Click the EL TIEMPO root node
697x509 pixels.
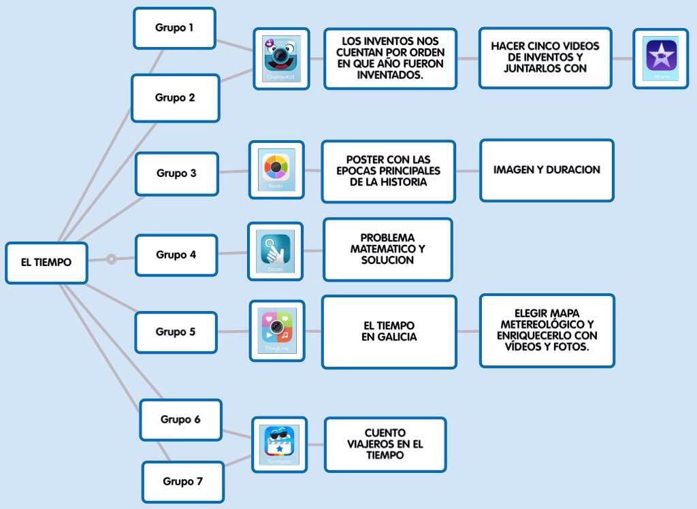(46, 263)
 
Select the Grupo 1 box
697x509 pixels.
(174, 29)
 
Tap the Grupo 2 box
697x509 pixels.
(175, 98)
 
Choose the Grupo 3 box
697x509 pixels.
(176, 174)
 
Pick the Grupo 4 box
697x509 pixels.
(176, 255)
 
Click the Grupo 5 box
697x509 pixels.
(176, 332)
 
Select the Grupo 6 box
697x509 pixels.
(180, 419)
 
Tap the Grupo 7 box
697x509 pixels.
(182, 482)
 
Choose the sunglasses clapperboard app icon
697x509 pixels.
(279, 444)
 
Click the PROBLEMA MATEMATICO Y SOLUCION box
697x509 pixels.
(387, 249)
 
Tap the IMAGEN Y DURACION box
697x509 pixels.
(547, 170)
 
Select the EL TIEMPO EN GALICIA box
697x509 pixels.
(389, 331)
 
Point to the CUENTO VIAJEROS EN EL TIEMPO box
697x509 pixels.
(385, 444)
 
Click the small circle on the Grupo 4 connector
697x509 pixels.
(112, 259)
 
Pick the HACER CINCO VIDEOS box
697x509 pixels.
(545, 58)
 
